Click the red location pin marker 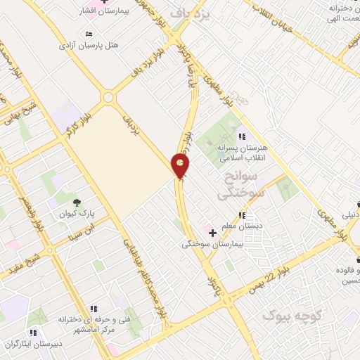click(x=181, y=166)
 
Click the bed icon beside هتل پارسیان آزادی click(x=88, y=34)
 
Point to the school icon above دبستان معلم click(x=243, y=215)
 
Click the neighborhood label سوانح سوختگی click(x=237, y=182)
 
